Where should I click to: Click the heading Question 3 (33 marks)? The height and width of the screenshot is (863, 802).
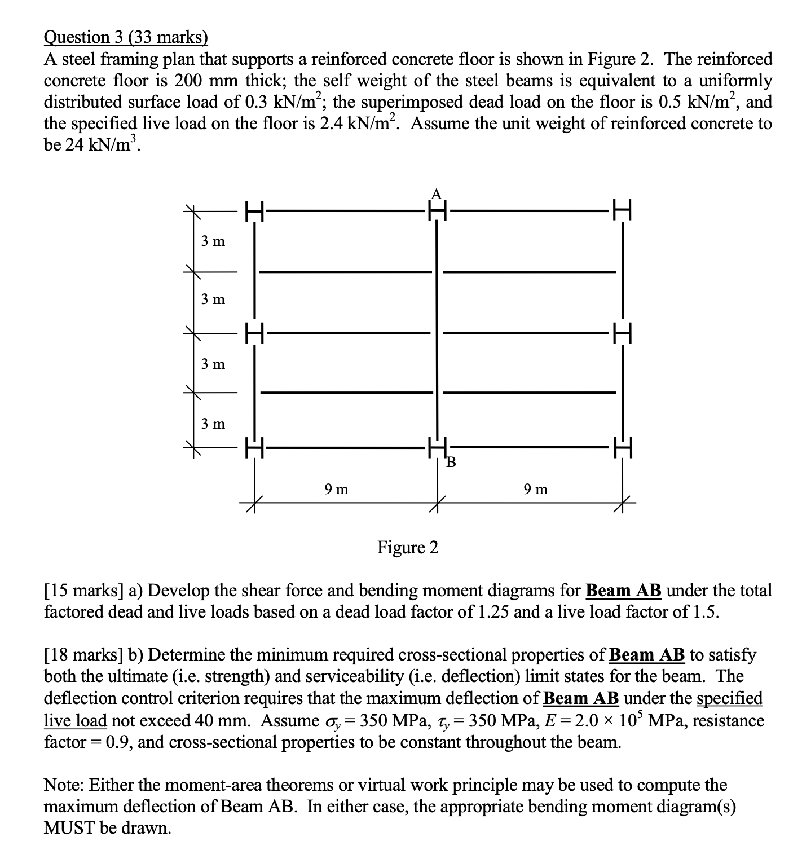pyautogui.click(x=126, y=37)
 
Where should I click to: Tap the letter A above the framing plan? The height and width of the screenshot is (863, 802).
pyautogui.click(x=435, y=194)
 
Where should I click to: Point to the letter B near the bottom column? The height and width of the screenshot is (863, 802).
pyautogui.click(x=451, y=464)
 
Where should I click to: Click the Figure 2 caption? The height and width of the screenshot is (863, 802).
pyautogui.click(x=407, y=547)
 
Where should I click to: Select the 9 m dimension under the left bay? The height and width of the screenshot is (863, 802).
pyautogui.click(x=337, y=489)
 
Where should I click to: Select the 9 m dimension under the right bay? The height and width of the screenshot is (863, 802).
pyautogui.click(x=535, y=489)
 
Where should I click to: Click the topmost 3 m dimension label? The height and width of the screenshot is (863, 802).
pyautogui.click(x=213, y=241)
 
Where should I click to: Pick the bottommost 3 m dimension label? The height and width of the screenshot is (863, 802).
pyautogui.click(x=213, y=423)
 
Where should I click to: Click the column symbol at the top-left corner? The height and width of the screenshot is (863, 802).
pyautogui.click(x=254, y=212)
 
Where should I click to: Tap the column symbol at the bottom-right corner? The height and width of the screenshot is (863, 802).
pyautogui.click(x=622, y=449)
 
